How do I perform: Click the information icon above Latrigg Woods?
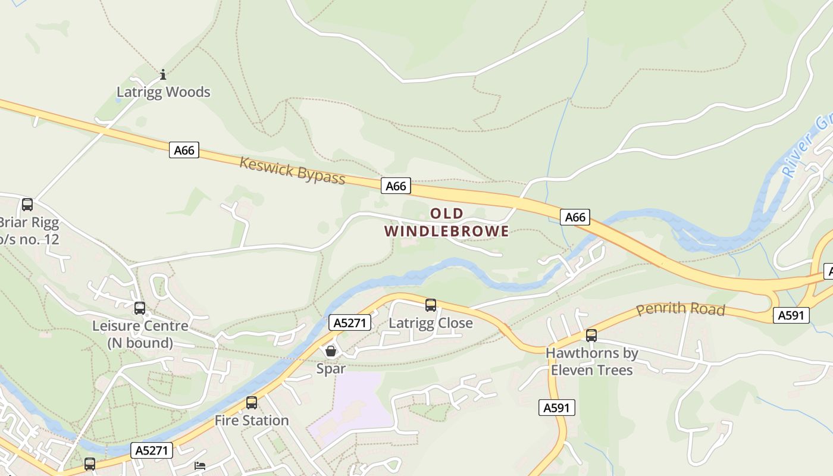163,74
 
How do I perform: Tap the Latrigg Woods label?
163,92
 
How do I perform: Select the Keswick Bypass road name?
292,171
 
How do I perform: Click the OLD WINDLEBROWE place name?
446,223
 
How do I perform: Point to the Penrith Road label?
681,309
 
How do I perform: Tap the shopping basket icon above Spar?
331,351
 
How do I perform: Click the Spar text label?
331,369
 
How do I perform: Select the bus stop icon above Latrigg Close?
431,305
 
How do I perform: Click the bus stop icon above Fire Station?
252,403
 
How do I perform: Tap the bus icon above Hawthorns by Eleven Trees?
591,336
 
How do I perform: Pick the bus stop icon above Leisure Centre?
140,308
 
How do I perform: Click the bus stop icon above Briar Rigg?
27,205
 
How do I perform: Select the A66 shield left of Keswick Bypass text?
184,151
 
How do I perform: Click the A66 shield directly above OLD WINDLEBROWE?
396,186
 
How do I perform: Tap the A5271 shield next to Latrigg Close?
350,323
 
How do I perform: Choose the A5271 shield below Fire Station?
152,450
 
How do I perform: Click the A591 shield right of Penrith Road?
791,315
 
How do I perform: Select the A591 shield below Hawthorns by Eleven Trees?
558,408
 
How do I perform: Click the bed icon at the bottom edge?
201,465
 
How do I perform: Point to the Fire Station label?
252,421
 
